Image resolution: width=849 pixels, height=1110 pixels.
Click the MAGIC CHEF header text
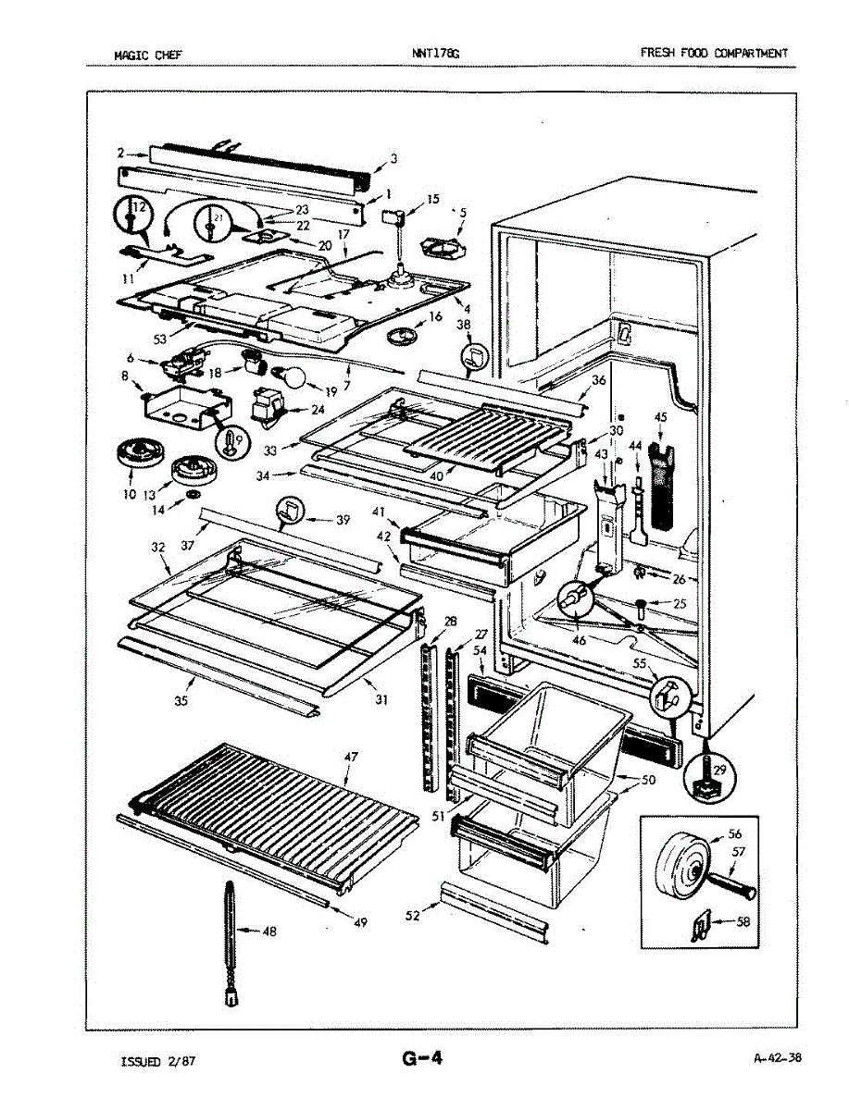(148, 55)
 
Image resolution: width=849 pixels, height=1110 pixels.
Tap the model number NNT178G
(436, 53)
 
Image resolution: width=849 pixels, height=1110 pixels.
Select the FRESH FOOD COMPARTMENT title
(714, 53)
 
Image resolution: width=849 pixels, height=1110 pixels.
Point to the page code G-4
(422, 1057)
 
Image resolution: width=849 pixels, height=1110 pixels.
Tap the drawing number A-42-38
(778, 1057)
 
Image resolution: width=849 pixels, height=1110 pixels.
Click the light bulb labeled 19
(291, 376)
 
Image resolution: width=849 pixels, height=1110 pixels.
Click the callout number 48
(269, 931)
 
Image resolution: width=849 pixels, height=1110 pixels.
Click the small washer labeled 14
(193, 493)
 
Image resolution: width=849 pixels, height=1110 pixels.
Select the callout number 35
(181, 701)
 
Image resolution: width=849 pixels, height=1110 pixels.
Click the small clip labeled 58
(701, 925)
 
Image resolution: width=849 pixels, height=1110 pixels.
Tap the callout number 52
(413, 916)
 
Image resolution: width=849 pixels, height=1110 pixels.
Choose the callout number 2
(120, 153)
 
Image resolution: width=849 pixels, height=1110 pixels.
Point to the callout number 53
(160, 339)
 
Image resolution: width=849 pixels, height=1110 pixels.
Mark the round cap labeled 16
(401, 335)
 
